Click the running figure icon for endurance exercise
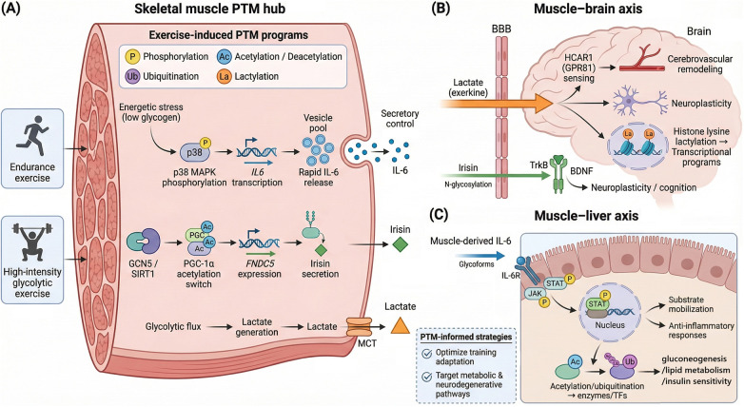31,136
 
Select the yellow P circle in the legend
132,57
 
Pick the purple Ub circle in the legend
132,76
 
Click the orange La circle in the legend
224,76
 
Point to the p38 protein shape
194,152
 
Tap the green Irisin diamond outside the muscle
400,244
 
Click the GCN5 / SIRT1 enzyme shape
144,242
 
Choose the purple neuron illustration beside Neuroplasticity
638,103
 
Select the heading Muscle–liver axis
586,216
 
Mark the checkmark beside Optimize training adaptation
427,354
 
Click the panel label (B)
438,9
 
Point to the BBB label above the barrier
501,29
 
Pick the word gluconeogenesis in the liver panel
696,359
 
